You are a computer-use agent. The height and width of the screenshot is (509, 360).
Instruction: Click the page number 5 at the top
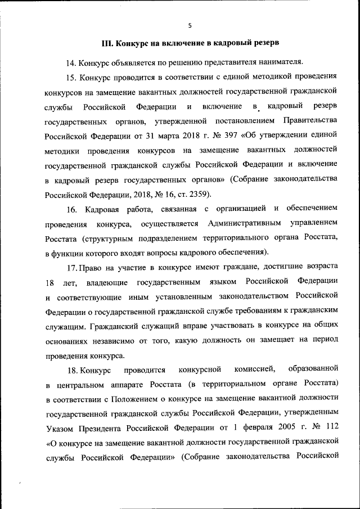click(x=190, y=25)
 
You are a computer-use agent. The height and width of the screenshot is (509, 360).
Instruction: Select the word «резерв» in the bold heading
click(x=263, y=43)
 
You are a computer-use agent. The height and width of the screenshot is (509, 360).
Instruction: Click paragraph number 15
click(x=71, y=76)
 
